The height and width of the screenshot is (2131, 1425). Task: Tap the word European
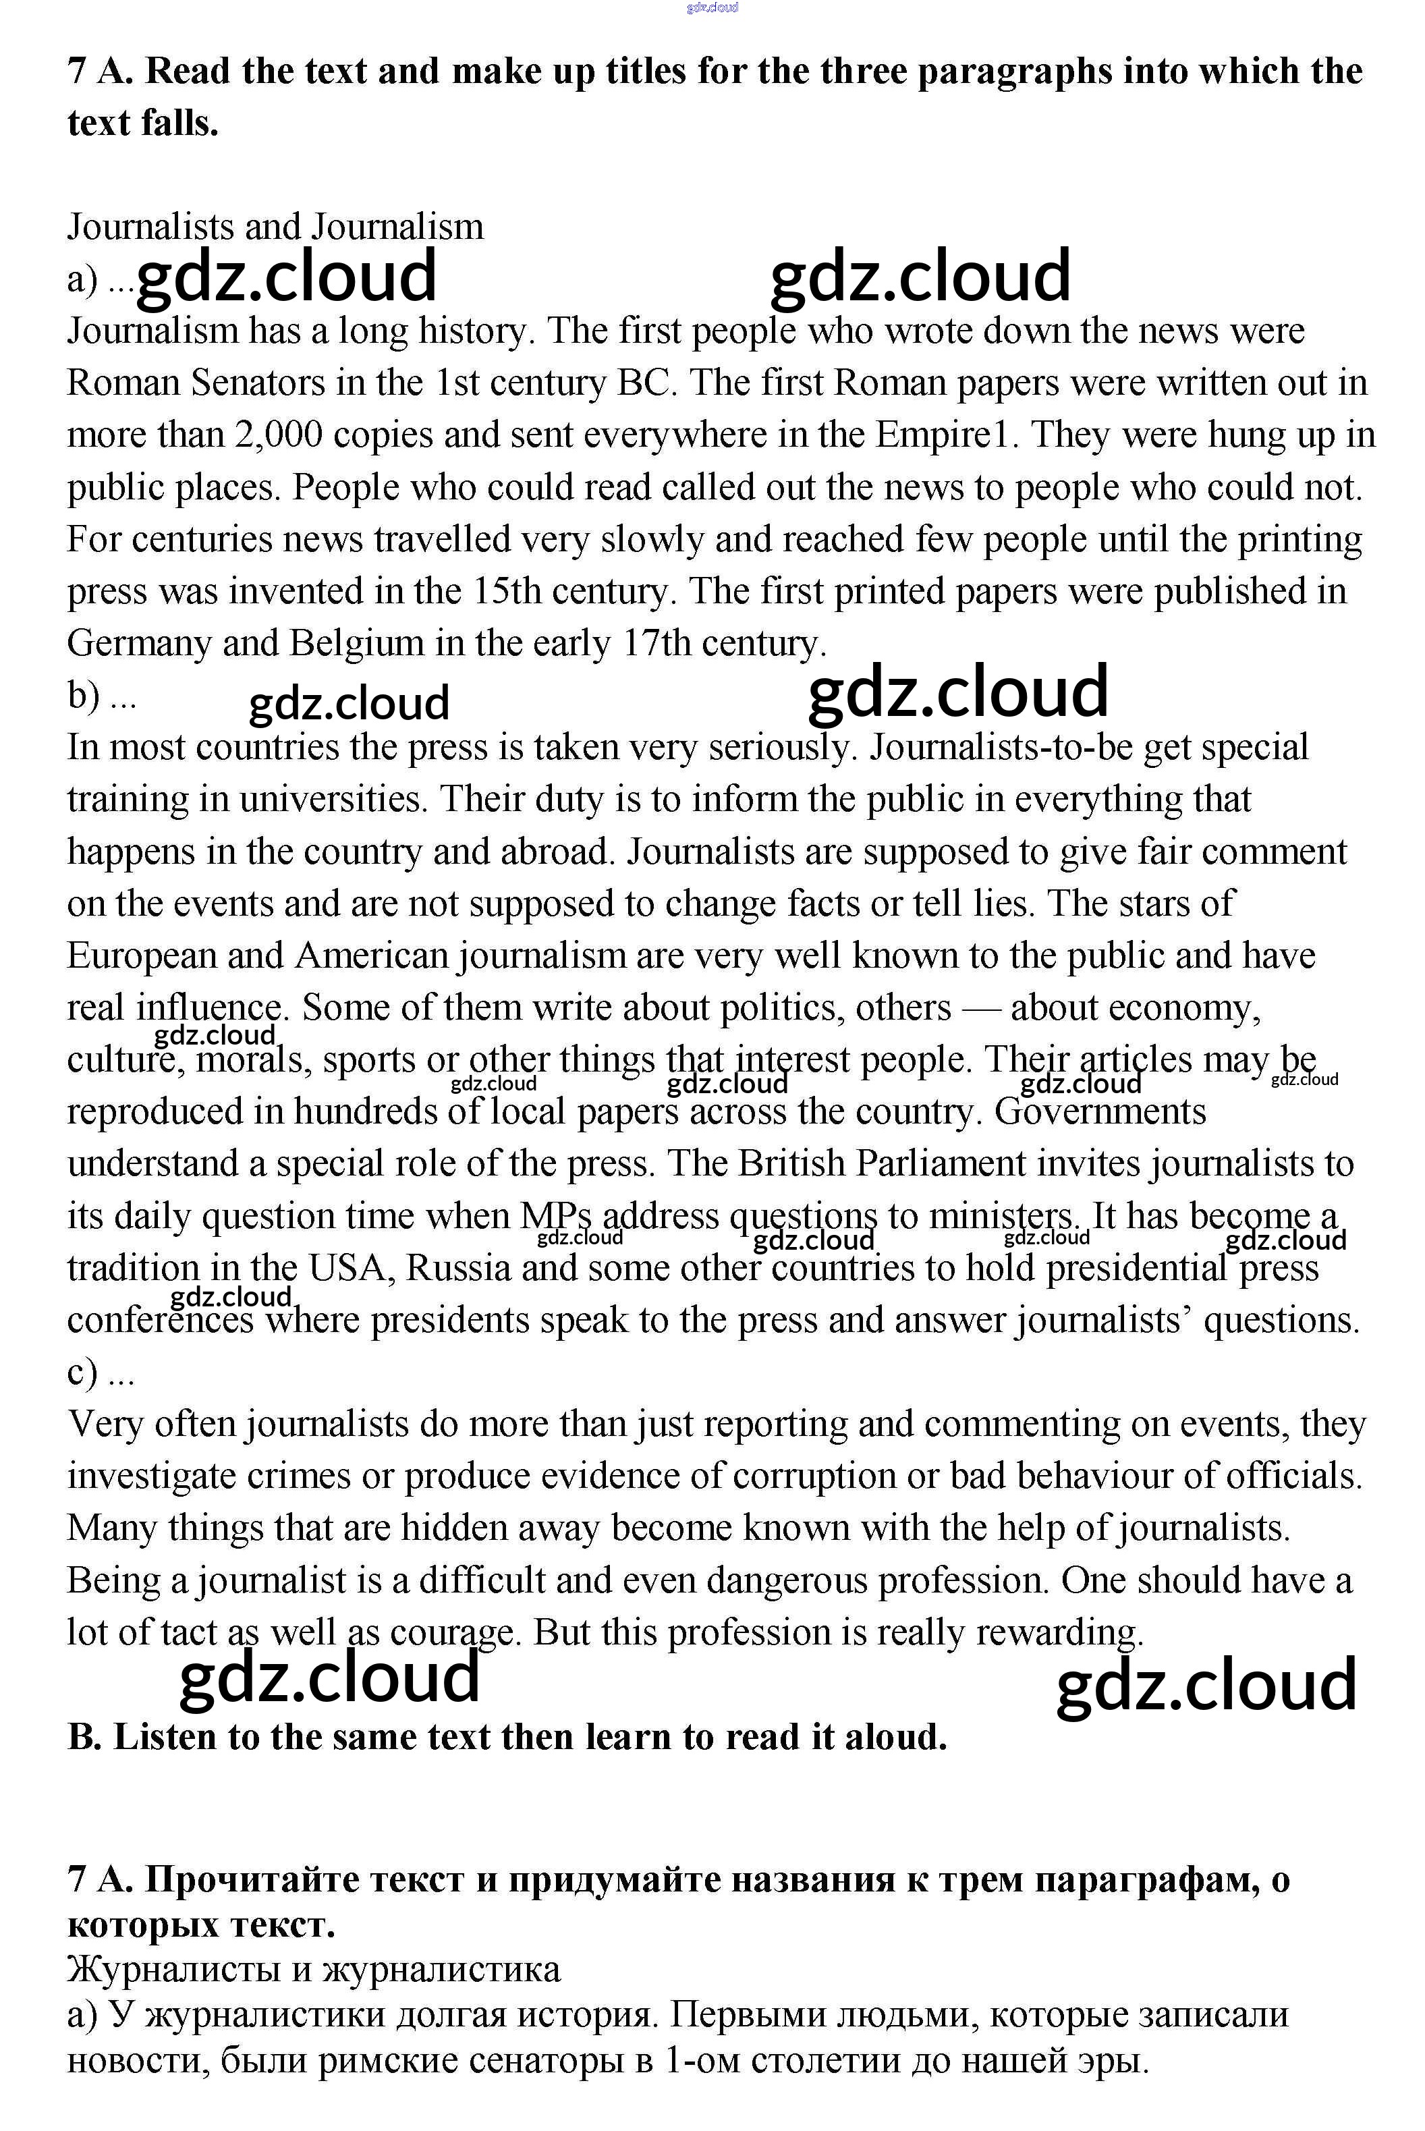pyautogui.click(x=142, y=956)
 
